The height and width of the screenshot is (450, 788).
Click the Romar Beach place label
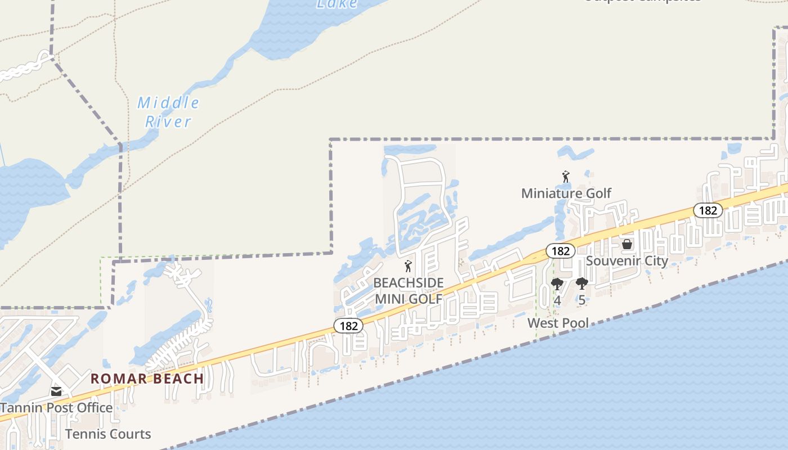click(147, 379)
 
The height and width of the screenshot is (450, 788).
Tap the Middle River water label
click(168, 112)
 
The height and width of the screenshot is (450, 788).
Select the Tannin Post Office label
click(56, 407)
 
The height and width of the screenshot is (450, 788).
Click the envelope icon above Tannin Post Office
click(56, 391)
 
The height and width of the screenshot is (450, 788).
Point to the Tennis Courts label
click(108, 434)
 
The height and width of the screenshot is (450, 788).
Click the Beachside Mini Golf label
click(409, 291)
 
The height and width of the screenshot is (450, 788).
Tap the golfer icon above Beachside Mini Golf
click(409, 266)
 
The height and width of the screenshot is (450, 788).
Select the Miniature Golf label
click(566, 193)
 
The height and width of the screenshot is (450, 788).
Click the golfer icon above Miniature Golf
click(566, 177)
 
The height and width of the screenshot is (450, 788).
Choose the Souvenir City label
click(627, 261)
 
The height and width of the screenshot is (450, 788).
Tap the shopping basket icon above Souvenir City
click(627, 245)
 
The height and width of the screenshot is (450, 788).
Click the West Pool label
click(558, 323)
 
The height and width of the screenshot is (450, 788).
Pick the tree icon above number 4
click(557, 284)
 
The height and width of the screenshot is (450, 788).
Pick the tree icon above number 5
click(582, 284)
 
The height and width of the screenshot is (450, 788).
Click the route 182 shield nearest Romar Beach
click(348, 325)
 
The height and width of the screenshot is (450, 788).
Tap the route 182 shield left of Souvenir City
click(561, 251)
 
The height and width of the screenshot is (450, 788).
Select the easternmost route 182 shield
click(708, 210)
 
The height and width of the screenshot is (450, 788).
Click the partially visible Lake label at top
click(337, 4)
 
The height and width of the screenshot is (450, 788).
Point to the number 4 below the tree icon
click(557, 300)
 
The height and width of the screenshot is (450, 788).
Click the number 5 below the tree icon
click(582, 300)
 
